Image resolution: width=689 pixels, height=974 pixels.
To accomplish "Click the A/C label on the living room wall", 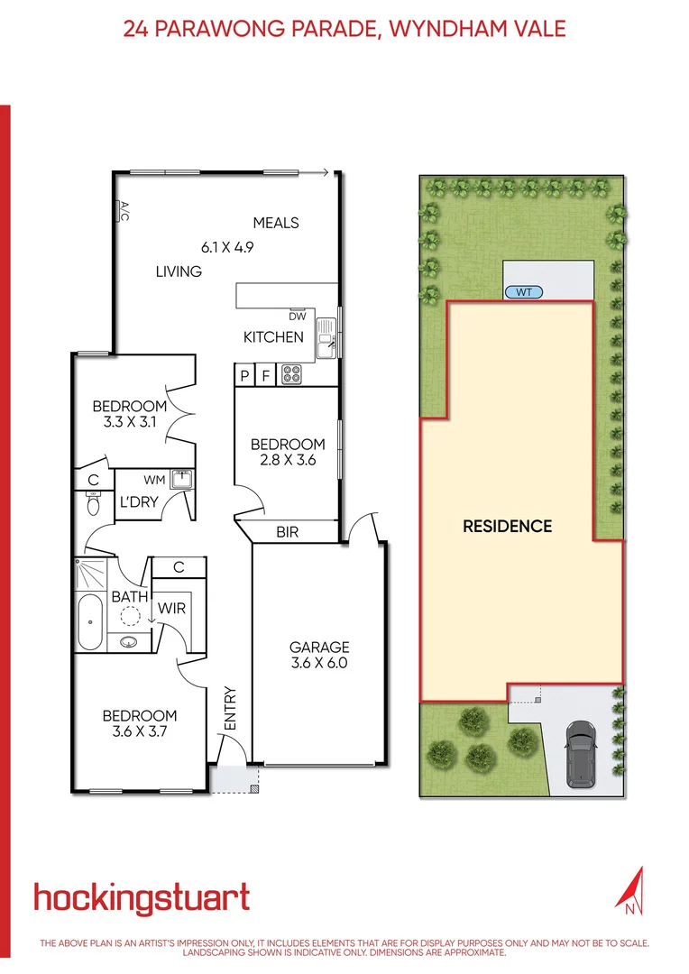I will tap(124, 210).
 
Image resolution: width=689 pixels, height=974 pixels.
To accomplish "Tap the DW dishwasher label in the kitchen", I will tap(298, 316).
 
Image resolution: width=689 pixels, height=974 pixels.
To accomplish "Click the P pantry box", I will tap(243, 375).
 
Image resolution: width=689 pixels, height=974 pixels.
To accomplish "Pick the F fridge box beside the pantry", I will tap(265, 375).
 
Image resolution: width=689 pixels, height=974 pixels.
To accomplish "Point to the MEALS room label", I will tap(275, 223).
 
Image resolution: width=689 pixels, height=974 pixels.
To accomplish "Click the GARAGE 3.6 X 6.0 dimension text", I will tap(318, 663).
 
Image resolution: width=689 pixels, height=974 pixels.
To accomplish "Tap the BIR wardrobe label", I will tap(289, 533).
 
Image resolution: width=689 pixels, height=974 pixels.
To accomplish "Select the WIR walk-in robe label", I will tap(171, 609).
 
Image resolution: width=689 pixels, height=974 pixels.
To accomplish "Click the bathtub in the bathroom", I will tap(90, 622).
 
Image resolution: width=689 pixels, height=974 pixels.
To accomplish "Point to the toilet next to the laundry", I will tap(93, 504).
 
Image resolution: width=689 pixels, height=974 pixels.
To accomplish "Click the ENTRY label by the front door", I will tap(229, 709).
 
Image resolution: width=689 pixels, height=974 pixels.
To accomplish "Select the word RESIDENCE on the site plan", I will tap(507, 526).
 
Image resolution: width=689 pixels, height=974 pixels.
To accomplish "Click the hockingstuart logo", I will tap(142, 898).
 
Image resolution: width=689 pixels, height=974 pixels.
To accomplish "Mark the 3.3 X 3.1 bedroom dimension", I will tap(130, 422).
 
